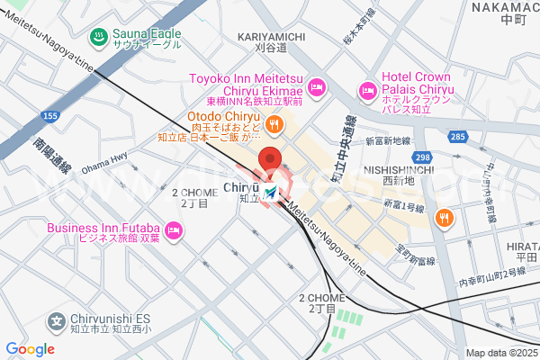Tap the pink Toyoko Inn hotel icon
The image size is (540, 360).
pos(316,87)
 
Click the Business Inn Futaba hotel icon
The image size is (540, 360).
pos(173,233)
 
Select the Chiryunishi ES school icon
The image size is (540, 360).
pos(56,320)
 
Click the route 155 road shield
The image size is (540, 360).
pos(50,117)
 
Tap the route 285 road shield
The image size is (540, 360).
pos(458,136)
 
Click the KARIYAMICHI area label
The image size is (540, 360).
pos(272,36)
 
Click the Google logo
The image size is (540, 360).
pos(30,349)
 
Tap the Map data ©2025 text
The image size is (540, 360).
pos(500,353)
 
